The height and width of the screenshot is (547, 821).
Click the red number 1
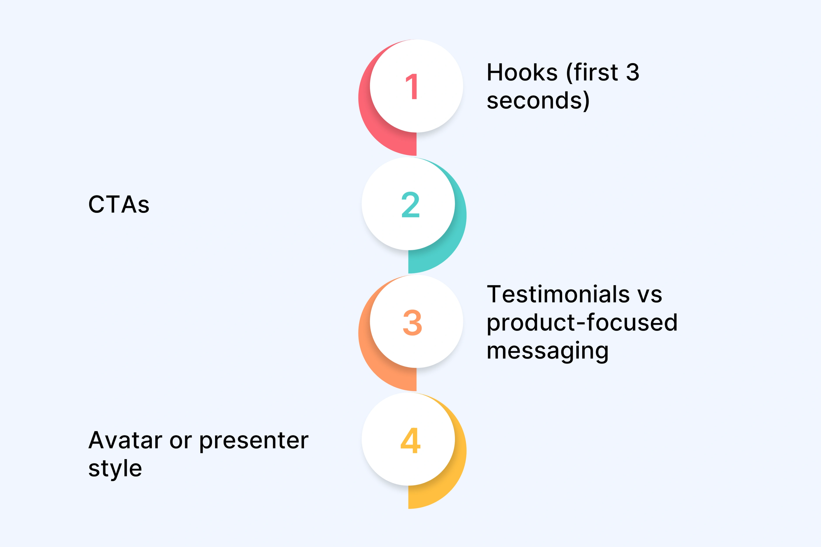412,87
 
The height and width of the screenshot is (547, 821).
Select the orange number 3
412,322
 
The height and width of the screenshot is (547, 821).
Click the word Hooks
522,73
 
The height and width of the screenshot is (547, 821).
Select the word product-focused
582,322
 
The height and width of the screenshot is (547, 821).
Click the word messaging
547,351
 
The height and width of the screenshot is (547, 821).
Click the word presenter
254,441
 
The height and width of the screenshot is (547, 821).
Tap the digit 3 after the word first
632,73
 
